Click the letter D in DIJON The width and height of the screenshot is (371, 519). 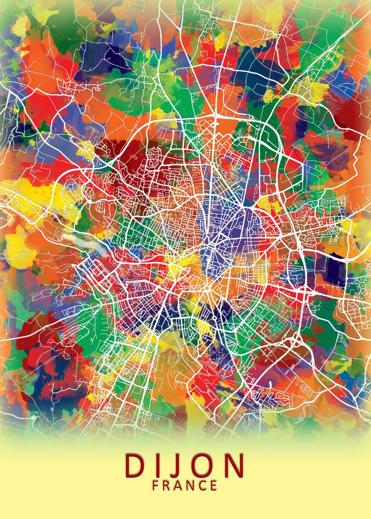(x=135, y=465)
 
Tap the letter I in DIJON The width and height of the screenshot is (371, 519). (x=159, y=465)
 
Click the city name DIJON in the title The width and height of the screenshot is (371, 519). (x=185, y=465)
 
